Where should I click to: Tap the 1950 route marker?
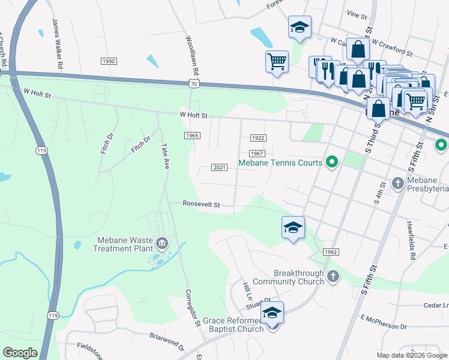pyautogui.click(x=109, y=61)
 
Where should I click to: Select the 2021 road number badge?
pyautogui.click(x=220, y=167)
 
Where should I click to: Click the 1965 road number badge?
pyautogui.click(x=192, y=136)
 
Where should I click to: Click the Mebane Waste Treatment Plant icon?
pyautogui.click(x=161, y=243)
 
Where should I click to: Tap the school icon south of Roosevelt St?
pyautogui.click(x=293, y=227)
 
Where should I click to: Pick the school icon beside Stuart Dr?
pyautogui.click(x=272, y=313)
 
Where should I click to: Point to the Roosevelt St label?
pyautogui.click(x=202, y=205)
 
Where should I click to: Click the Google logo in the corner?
pyautogui.click(x=20, y=353)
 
